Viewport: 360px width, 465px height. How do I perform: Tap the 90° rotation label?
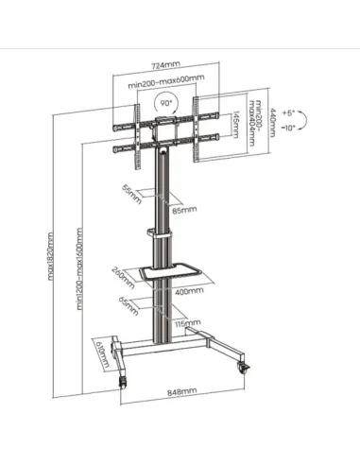(165, 101)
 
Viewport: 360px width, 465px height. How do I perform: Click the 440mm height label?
(271, 121)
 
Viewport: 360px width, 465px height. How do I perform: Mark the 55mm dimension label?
(131, 196)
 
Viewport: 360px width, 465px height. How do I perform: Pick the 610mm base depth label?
(102, 356)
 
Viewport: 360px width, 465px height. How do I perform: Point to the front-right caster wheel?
(248, 367)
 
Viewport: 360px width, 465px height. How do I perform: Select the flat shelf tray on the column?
(170, 269)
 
